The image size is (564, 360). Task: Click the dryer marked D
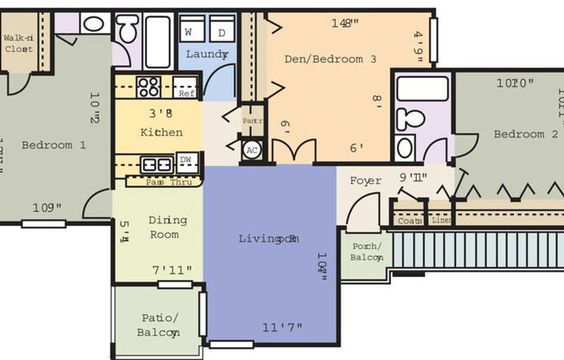[221, 32]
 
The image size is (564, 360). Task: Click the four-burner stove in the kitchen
[149, 87]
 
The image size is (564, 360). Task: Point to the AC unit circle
[252, 151]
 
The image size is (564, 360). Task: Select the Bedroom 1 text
[54, 145]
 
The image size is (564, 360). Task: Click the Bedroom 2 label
[526, 134]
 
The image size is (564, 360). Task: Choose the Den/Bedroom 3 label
[330, 60]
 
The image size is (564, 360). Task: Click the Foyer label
[365, 182]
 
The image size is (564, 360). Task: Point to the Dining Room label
[163, 228]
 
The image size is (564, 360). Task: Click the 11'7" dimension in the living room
[282, 327]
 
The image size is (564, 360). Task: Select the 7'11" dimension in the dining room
[172, 271]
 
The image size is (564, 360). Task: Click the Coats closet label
[409, 221]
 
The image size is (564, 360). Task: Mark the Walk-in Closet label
[18, 43]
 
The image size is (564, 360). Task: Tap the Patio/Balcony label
[157, 325]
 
